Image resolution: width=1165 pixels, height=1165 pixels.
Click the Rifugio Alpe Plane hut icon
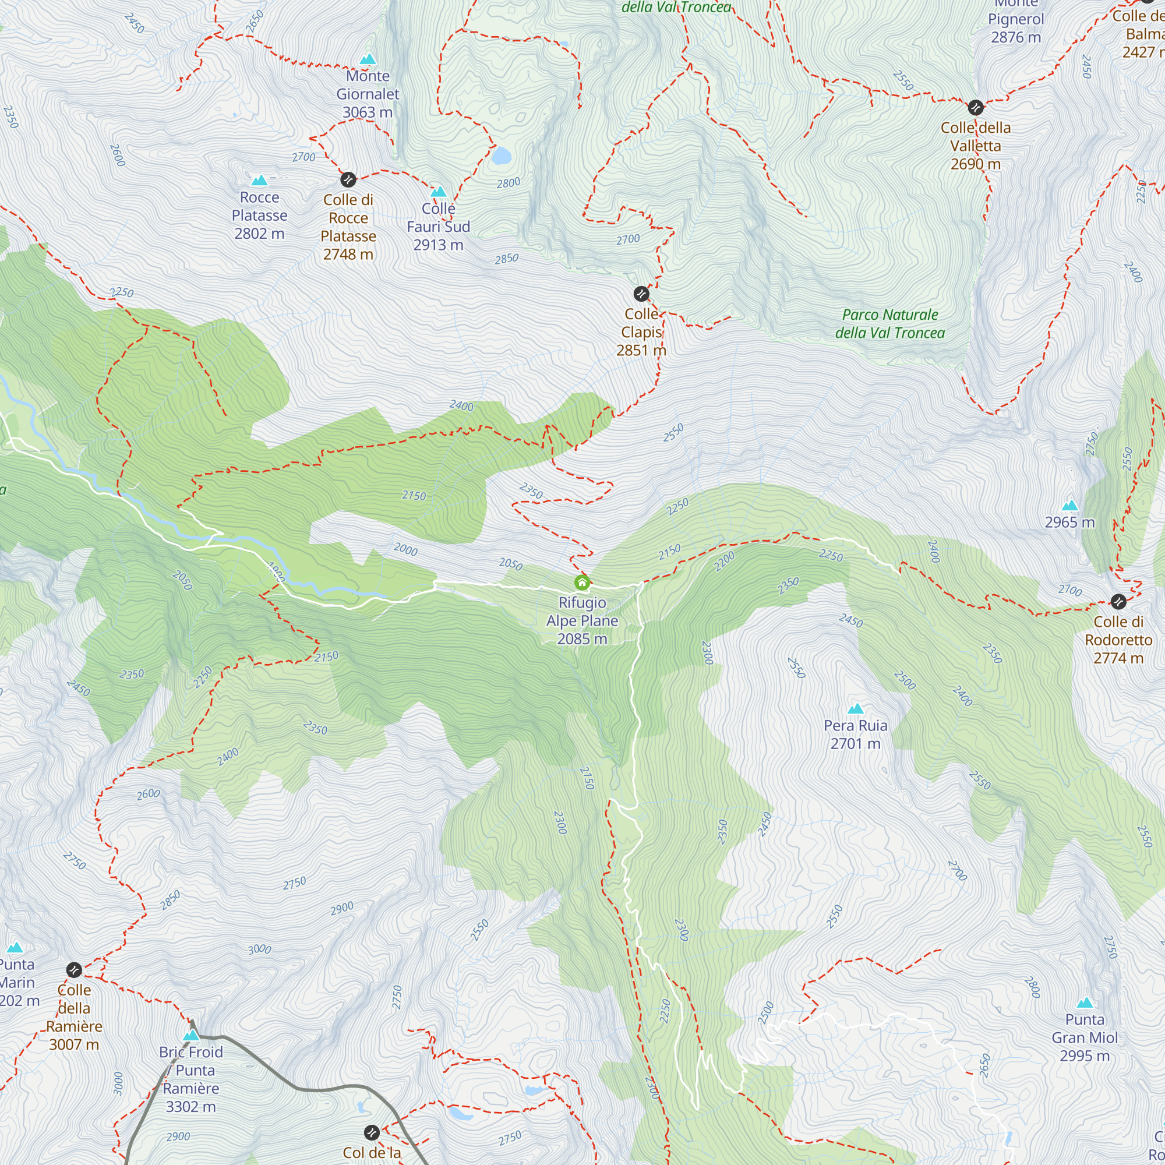(582, 582)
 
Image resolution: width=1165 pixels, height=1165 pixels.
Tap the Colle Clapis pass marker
(641, 294)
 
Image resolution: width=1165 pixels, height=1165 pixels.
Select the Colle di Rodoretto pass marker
(1118, 601)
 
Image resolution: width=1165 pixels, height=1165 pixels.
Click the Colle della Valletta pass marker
(976, 108)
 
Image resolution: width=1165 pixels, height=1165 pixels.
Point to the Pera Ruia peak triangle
(855, 708)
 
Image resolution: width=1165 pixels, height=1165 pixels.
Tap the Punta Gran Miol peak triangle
(1085, 1003)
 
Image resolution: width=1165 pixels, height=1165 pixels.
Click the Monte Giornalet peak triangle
(368, 59)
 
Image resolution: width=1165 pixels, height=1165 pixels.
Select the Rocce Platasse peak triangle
(259, 181)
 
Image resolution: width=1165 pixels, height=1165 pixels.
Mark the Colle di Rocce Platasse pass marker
(348, 179)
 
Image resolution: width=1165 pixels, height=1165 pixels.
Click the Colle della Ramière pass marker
(74, 970)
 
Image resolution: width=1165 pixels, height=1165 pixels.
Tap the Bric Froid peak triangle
(191, 1035)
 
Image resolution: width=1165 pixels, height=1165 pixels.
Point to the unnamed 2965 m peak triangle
(1069, 505)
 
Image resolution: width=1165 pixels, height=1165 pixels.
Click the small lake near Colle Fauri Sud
(500, 156)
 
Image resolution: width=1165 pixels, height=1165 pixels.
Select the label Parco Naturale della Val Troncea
(889, 324)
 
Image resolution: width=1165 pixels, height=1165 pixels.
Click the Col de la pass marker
(372, 1132)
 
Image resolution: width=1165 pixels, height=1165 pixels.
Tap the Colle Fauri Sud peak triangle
(439, 192)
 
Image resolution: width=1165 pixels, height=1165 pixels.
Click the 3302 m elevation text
(190, 1107)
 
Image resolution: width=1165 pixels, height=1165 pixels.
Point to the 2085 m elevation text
(582, 638)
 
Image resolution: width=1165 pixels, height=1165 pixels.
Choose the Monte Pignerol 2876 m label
(1015, 28)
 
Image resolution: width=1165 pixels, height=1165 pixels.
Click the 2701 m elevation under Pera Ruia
(855, 743)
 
